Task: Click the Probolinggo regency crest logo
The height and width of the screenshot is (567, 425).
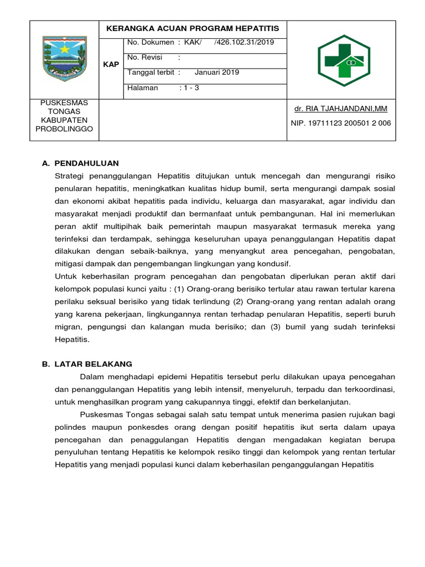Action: (x=64, y=58)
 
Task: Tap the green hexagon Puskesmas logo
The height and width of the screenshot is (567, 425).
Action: (x=343, y=60)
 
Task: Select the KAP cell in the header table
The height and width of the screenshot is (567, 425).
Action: (x=111, y=65)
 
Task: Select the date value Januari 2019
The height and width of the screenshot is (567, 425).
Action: (x=217, y=72)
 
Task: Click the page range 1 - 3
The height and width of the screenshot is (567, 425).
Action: (x=193, y=87)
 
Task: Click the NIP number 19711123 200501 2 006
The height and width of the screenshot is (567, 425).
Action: (x=341, y=123)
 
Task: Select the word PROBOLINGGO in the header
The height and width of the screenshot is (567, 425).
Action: (x=64, y=129)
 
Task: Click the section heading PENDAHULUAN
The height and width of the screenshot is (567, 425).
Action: (x=87, y=163)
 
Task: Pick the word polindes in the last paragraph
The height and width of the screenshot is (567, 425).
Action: (x=70, y=427)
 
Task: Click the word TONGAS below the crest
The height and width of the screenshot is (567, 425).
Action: (x=64, y=111)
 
